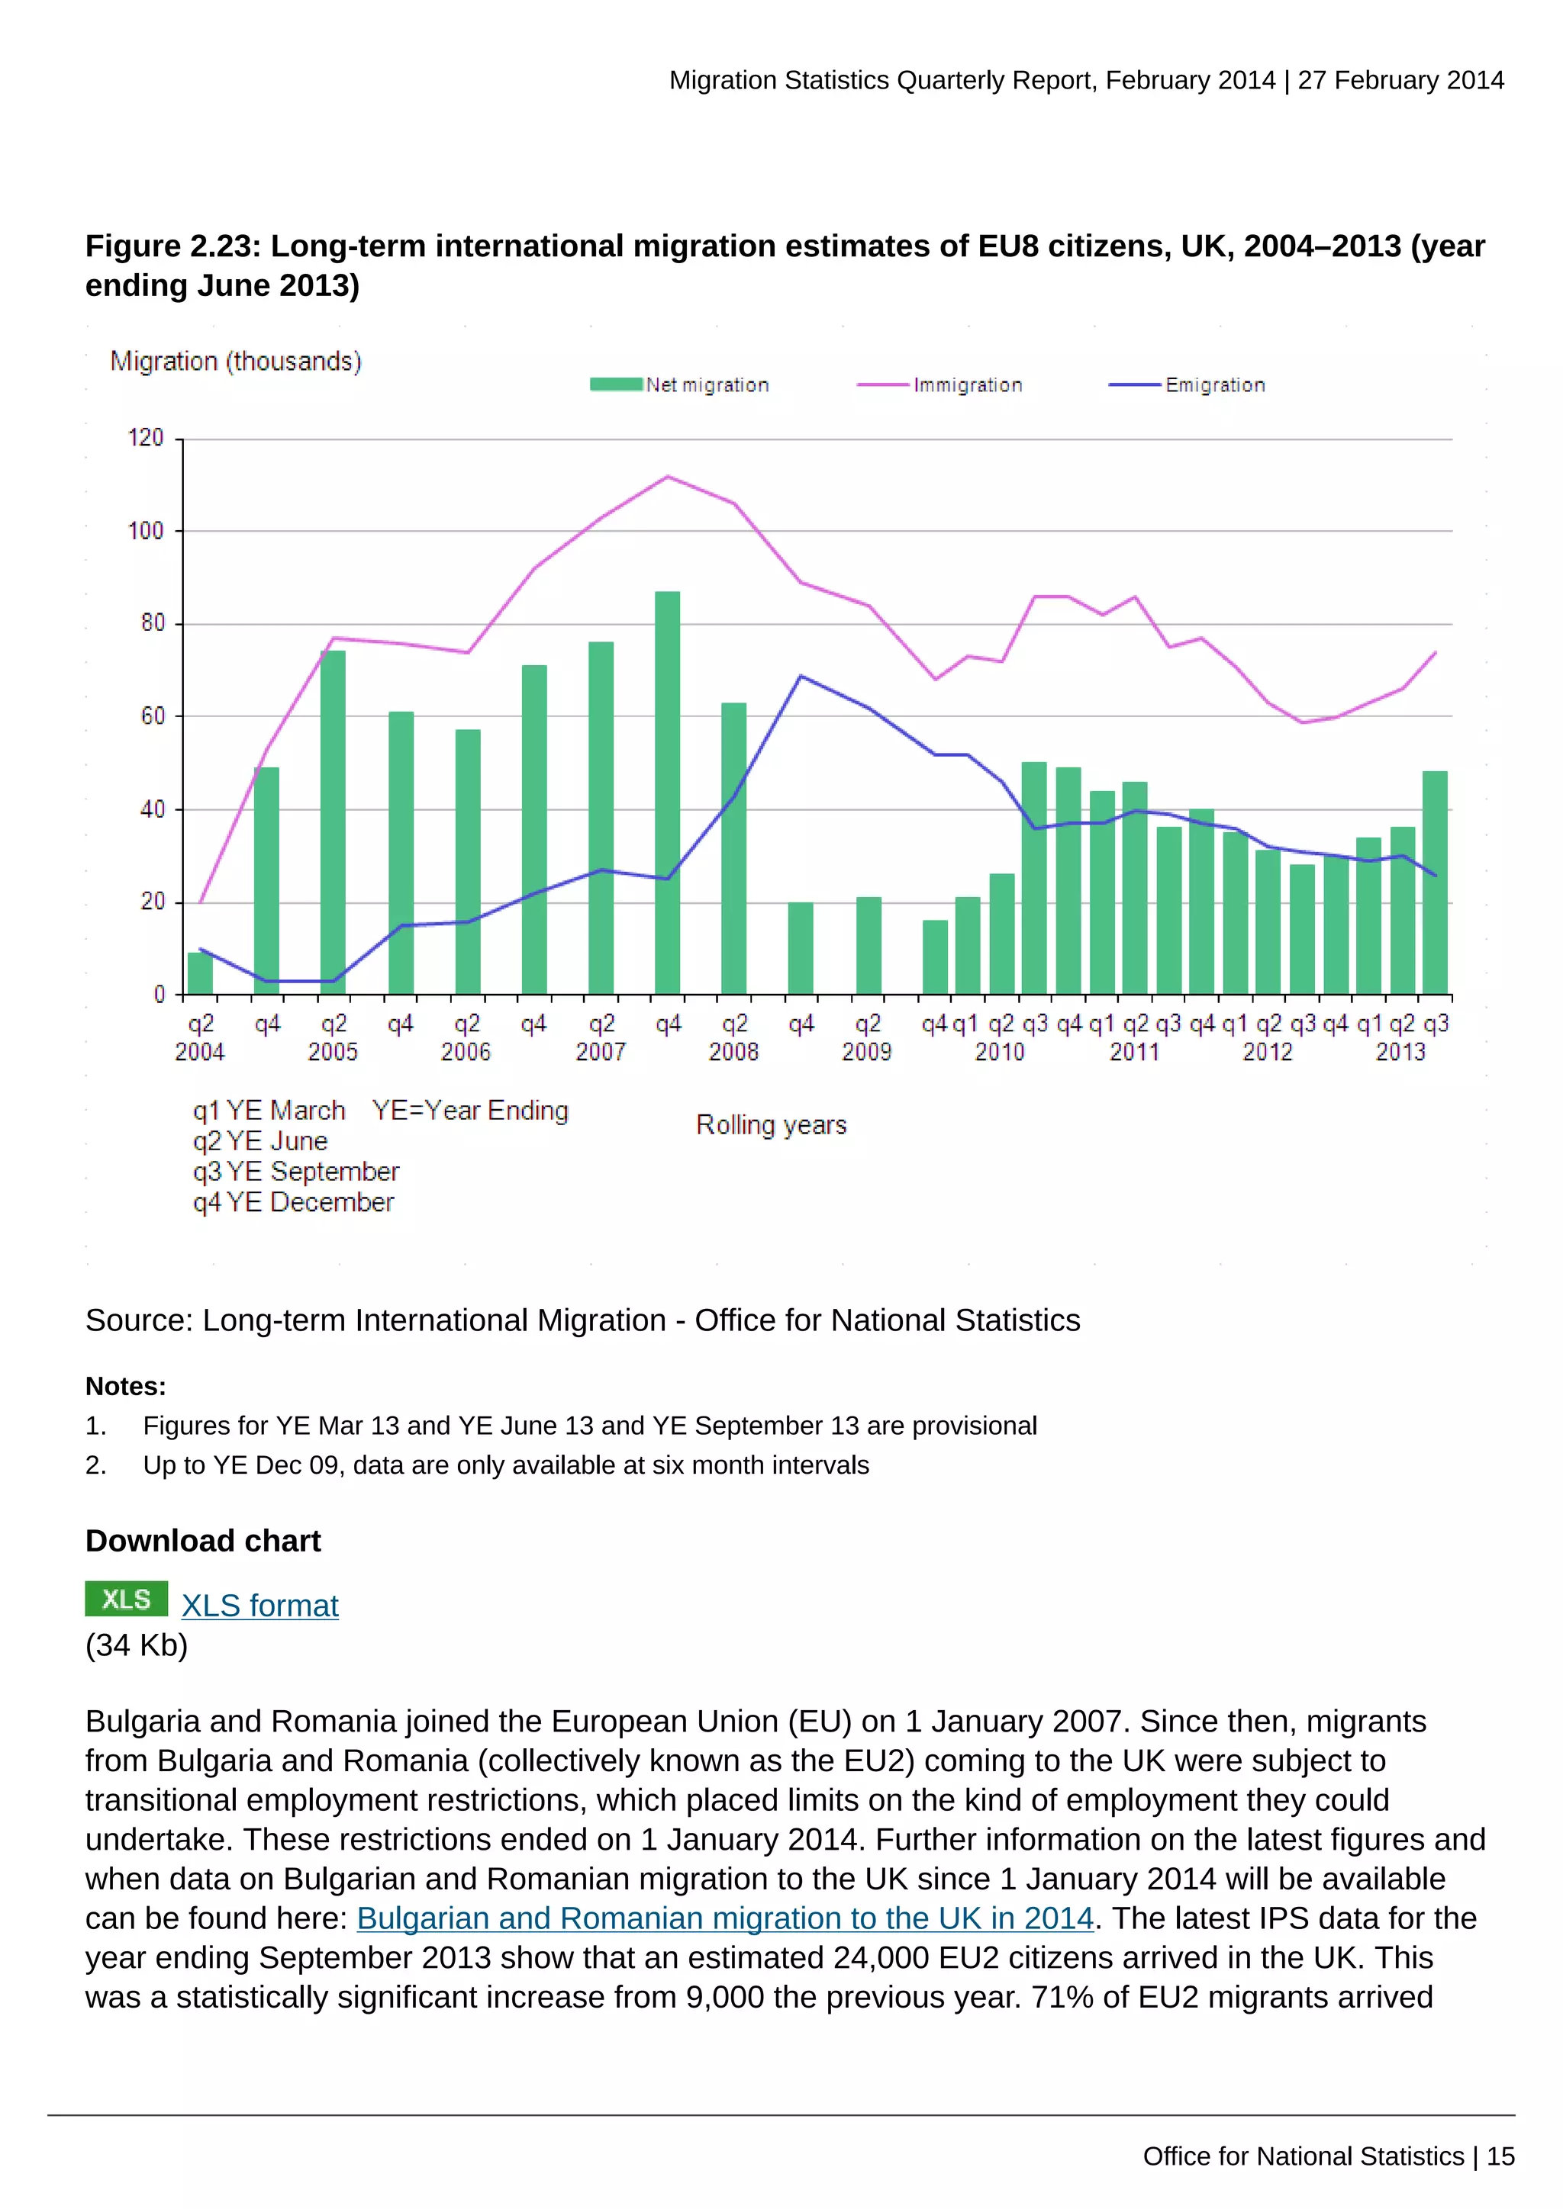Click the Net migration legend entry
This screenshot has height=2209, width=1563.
pos(679,385)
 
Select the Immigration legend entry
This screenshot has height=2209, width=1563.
pos(940,385)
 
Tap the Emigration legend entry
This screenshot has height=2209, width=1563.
pos(1188,385)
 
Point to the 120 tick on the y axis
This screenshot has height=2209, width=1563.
pos(147,438)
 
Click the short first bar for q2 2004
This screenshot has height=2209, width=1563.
pos(200,973)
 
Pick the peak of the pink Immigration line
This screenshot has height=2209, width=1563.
pos(668,476)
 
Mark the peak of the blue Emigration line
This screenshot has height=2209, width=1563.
pos(801,675)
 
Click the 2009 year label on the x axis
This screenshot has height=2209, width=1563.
pos(866,1052)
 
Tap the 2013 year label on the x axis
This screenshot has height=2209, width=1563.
pos(1400,1052)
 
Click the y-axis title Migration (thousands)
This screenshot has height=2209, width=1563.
pos(236,361)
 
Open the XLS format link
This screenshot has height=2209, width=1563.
pos(259,1606)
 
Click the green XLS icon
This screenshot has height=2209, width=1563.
pos(126,1599)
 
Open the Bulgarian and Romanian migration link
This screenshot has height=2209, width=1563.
pos(725,1918)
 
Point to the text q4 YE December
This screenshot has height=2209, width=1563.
pos(294,1203)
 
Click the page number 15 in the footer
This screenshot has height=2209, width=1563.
pos(1500,2156)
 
